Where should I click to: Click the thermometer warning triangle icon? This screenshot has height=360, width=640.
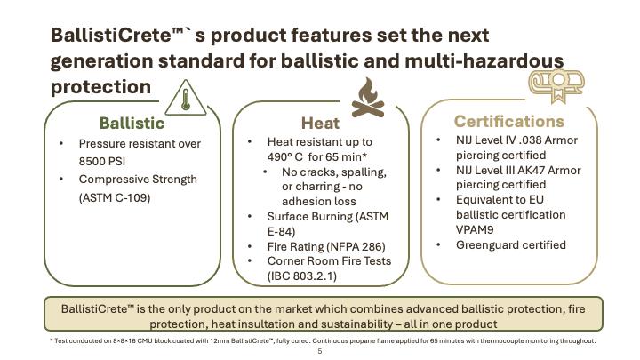[186, 99]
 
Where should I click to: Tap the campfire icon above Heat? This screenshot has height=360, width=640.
[368, 98]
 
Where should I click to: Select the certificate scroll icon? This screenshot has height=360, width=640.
[556, 85]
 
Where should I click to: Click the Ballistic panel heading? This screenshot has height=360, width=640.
[132, 123]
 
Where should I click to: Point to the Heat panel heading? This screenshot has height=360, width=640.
[320, 123]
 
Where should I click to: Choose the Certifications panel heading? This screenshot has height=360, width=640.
[509, 121]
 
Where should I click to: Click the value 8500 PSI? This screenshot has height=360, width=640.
[102, 161]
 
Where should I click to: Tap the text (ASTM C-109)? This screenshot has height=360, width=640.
[115, 197]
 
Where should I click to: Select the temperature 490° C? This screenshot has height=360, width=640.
[285, 156]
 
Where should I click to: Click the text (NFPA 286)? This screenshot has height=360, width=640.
[356, 246]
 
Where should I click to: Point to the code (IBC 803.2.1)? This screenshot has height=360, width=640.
[302, 276]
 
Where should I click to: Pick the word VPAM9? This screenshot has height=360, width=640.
[475, 230]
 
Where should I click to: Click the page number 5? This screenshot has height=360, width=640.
[320, 351]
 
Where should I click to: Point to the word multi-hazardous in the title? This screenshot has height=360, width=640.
[484, 60]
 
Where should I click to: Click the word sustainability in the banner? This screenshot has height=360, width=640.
[357, 324]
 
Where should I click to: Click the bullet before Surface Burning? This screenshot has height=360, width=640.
[250, 216]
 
